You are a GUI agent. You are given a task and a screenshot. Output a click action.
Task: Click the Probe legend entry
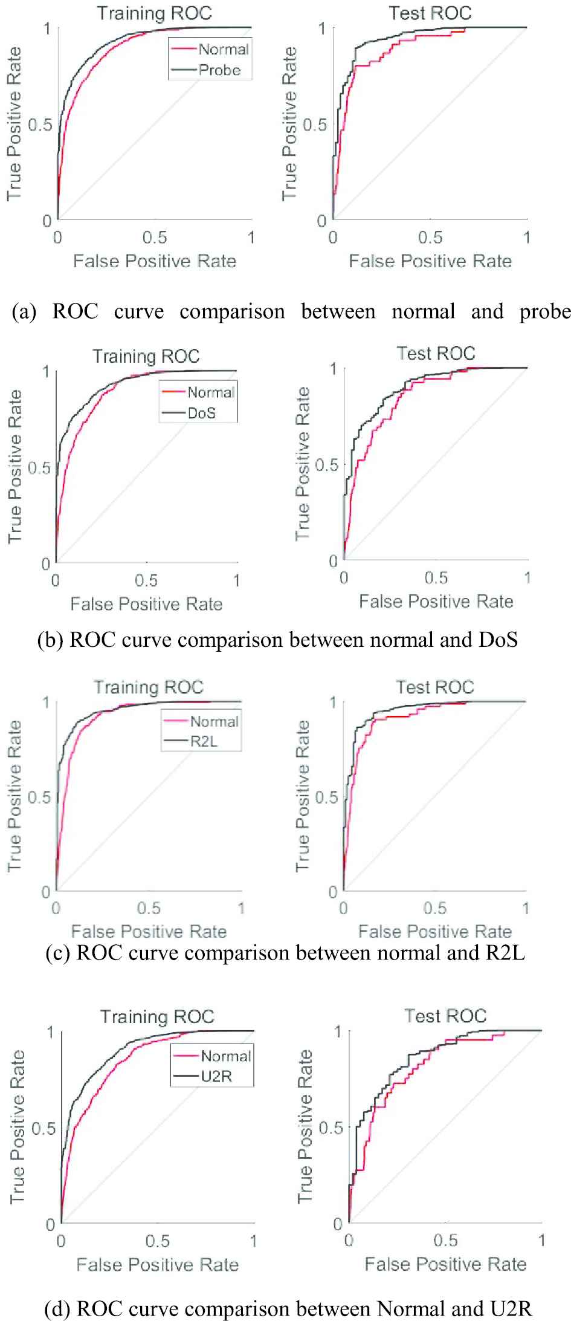(x=219, y=70)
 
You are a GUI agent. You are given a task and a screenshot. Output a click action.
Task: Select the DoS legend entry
(x=202, y=414)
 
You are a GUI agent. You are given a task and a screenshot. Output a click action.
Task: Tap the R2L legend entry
(x=204, y=742)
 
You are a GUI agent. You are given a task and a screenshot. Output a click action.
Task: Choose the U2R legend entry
(x=216, y=1076)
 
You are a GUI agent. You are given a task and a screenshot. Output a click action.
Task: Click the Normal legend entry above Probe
(x=224, y=50)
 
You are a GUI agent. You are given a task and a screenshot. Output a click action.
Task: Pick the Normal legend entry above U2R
(x=225, y=1056)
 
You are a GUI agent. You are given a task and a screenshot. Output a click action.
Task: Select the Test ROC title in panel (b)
(x=436, y=353)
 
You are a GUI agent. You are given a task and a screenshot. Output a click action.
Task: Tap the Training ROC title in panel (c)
(x=149, y=687)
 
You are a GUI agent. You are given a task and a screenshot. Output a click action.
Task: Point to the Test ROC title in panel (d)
(x=445, y=1016)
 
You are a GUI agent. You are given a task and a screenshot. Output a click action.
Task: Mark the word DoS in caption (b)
(x=498, y=640)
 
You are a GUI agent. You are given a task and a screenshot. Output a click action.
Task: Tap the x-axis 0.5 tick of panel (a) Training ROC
(x=155, y=238)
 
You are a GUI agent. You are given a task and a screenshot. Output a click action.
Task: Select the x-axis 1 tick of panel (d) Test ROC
(x=542, y=1241)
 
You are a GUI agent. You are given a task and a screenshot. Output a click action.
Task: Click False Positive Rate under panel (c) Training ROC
(x=149, y=932)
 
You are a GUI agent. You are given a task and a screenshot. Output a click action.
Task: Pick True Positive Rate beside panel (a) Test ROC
(x=289, y=124)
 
